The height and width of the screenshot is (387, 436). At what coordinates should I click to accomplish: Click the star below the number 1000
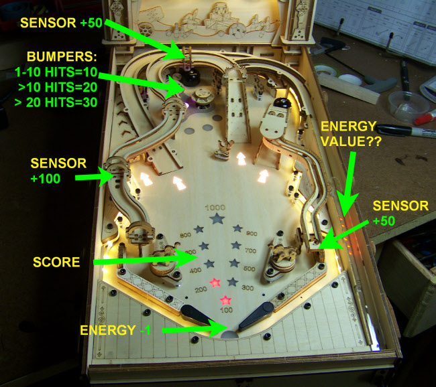[216, 219]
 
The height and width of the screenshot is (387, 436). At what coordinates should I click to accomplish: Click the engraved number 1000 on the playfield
[216, 207]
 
